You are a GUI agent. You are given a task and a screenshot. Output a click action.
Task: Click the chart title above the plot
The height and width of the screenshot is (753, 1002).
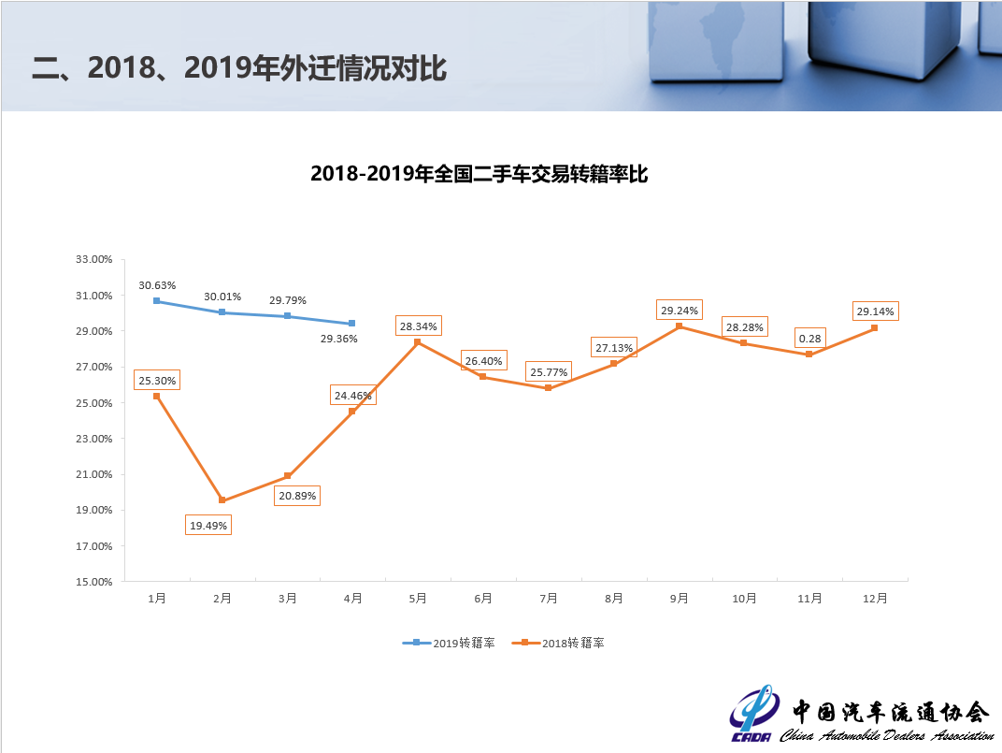pos(479,174)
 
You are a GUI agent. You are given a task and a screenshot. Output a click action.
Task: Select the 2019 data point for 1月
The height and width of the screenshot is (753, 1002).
pos(157,301)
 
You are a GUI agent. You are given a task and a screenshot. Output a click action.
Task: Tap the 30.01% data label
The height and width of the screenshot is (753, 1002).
pos(222,297)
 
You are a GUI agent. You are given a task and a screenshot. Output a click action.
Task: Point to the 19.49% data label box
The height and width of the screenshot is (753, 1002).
pos(208,526)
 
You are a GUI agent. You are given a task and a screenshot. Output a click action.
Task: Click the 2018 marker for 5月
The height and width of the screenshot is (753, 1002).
pos(418,342)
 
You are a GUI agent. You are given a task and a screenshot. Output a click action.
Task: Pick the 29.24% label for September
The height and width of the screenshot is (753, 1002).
pos(680,311)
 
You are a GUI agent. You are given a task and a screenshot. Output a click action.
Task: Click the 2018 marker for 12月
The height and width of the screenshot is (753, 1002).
pos(875,327)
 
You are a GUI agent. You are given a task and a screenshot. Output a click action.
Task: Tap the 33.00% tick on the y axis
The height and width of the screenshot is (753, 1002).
pos(93,260)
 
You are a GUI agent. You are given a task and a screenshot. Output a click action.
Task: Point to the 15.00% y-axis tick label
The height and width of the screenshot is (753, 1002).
pos(93,581)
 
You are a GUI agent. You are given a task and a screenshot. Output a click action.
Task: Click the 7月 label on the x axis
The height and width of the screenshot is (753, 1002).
pos(549,599)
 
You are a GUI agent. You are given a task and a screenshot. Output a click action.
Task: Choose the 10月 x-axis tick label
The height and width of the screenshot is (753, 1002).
pos(744,599)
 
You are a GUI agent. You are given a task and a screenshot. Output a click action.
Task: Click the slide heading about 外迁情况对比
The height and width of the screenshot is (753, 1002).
pos(239,68)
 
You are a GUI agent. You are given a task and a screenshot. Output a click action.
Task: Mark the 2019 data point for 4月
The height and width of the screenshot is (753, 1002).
pos(352,324)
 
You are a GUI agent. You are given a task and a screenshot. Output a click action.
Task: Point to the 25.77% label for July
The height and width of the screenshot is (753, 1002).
pos(549,371)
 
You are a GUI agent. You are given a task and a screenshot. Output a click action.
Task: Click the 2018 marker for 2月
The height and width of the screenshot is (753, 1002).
pos(222,500)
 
